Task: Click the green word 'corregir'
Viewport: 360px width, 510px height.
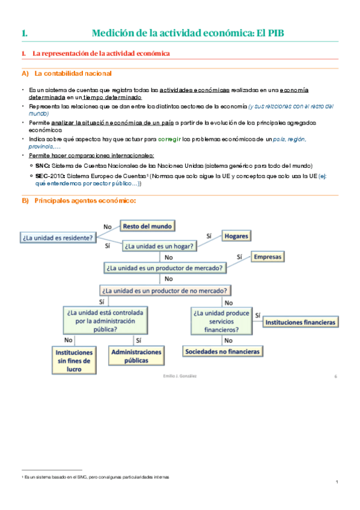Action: click(x=170, y=139)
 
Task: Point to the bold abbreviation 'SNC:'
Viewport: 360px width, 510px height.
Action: click(x=42, y=165)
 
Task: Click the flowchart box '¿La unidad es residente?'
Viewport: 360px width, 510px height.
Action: click(x=58, y=237)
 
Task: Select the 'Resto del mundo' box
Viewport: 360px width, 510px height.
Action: click(x=148, y=227)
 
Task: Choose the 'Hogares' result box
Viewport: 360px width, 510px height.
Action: click(x=236, y=236)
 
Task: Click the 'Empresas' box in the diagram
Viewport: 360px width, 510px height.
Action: click(x=267, y=257)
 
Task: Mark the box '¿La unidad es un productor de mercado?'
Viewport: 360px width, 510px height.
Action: click(x=165, y=268)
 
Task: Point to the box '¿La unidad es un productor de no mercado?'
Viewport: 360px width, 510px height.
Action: click(x=163, y=290)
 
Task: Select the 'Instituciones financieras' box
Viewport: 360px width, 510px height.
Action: click(x=300, y=322)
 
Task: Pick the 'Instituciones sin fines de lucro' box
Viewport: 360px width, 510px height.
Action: click(x=74, y=360)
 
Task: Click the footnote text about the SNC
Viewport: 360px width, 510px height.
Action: click(x=96, y=476)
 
